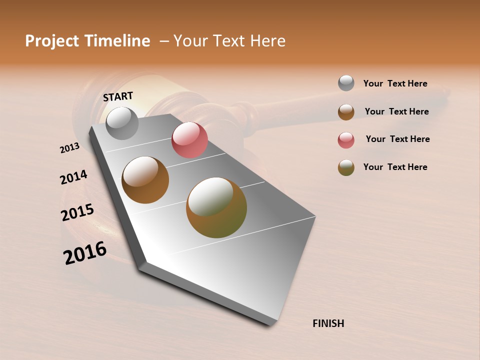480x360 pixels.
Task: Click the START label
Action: pyautogui.click(x=118, y=96)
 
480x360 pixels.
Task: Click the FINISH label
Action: pyautogui.click(x=328, y=323)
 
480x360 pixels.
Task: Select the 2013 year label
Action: pyautogui.click(x=69, y=148)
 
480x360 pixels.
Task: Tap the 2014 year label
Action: pyautogui.click(x=73, y=177)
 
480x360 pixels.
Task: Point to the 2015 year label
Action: pyautogui.click(x=77, y=212)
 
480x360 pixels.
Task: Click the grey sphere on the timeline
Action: pyautogui.click(x=122, y=123)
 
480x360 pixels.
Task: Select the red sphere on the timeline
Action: pyautogui.click(x=189, y=140)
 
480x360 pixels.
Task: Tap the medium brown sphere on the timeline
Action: pyautogui.click(x=145, y=180)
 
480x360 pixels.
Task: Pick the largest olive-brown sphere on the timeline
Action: pyautogui.click(x=216, y=207)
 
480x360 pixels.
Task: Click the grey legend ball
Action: pyautogui.click(x=346, y=83)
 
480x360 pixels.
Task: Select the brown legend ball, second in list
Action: pyautogui.click(x=346, y=111)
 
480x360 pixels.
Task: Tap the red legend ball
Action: pyautogui.click(x=346, y=140)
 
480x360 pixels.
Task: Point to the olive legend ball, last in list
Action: pyautogui.click(x=346, y=167)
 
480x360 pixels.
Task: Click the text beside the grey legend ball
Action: pyautogui.click(x=395, y=84)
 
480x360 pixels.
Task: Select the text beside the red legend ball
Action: pyautogui.click(x=397, y=139)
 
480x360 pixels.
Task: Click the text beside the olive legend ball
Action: pyautogui.click(x=395, y=167)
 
